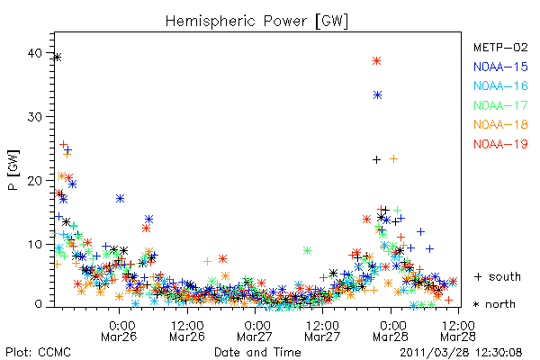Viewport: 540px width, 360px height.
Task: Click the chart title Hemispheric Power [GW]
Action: coord(256,22)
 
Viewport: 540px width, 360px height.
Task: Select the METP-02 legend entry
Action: coord(500,47)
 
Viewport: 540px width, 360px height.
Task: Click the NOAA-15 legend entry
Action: coord(500,67)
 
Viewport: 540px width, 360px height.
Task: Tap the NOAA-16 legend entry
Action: coord(500,85)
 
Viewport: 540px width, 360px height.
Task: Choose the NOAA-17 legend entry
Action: coord(500,105)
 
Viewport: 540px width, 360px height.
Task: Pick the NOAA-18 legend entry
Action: coord(500,124)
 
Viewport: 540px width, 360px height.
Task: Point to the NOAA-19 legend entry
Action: coord(500,144)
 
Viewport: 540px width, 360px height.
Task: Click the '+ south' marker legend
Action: coord(498,276)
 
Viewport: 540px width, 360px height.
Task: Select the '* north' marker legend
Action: coord(494,304)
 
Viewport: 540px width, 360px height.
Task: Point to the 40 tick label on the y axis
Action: coord(35,53)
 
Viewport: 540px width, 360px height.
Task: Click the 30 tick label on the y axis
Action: coord(35,117)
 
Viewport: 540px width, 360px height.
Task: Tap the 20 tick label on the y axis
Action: coord(35,181)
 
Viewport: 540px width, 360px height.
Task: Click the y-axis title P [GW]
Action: coord(13,170)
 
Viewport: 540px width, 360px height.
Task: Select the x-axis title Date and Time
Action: coord(257,352)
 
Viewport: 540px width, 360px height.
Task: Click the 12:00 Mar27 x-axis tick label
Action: coord(322,331)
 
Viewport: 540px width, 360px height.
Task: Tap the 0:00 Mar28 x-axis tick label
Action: coord(391,331)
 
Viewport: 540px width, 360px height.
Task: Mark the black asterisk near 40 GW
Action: coord(58,58)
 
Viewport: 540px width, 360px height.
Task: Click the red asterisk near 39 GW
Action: coord(376,61)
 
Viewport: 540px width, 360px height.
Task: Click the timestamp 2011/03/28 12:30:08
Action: coord(461,353)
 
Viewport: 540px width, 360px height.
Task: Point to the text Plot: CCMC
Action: coord(38,352)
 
